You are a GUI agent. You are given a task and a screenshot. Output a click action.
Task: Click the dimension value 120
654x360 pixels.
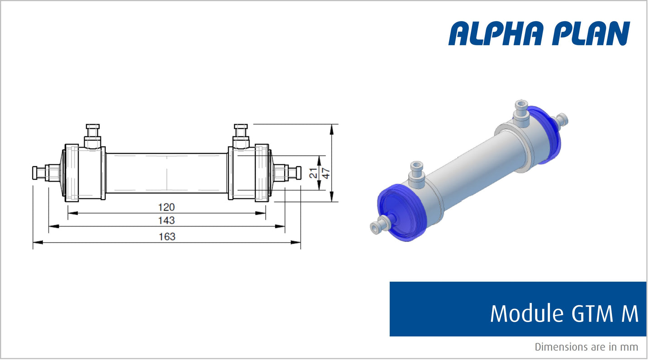tap(166, 207)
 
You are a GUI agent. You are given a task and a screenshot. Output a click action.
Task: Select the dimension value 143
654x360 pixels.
tap(166, 221)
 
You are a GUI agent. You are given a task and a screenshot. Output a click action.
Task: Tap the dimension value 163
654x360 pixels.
tap(167, 236)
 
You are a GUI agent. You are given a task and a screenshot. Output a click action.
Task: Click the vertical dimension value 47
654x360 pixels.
tap(325, 173)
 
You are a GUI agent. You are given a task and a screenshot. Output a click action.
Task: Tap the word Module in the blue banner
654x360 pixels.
tap(523, 313)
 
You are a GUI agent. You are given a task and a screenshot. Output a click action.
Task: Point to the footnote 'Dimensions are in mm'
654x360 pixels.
tap(586, 347)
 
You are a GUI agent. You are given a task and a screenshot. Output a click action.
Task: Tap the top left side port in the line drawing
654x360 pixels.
tap(93, 136)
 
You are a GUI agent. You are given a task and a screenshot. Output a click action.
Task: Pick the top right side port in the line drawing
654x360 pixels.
tap(240, 136)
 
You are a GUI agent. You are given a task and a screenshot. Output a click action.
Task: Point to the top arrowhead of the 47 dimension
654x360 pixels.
tap(332, 128)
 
